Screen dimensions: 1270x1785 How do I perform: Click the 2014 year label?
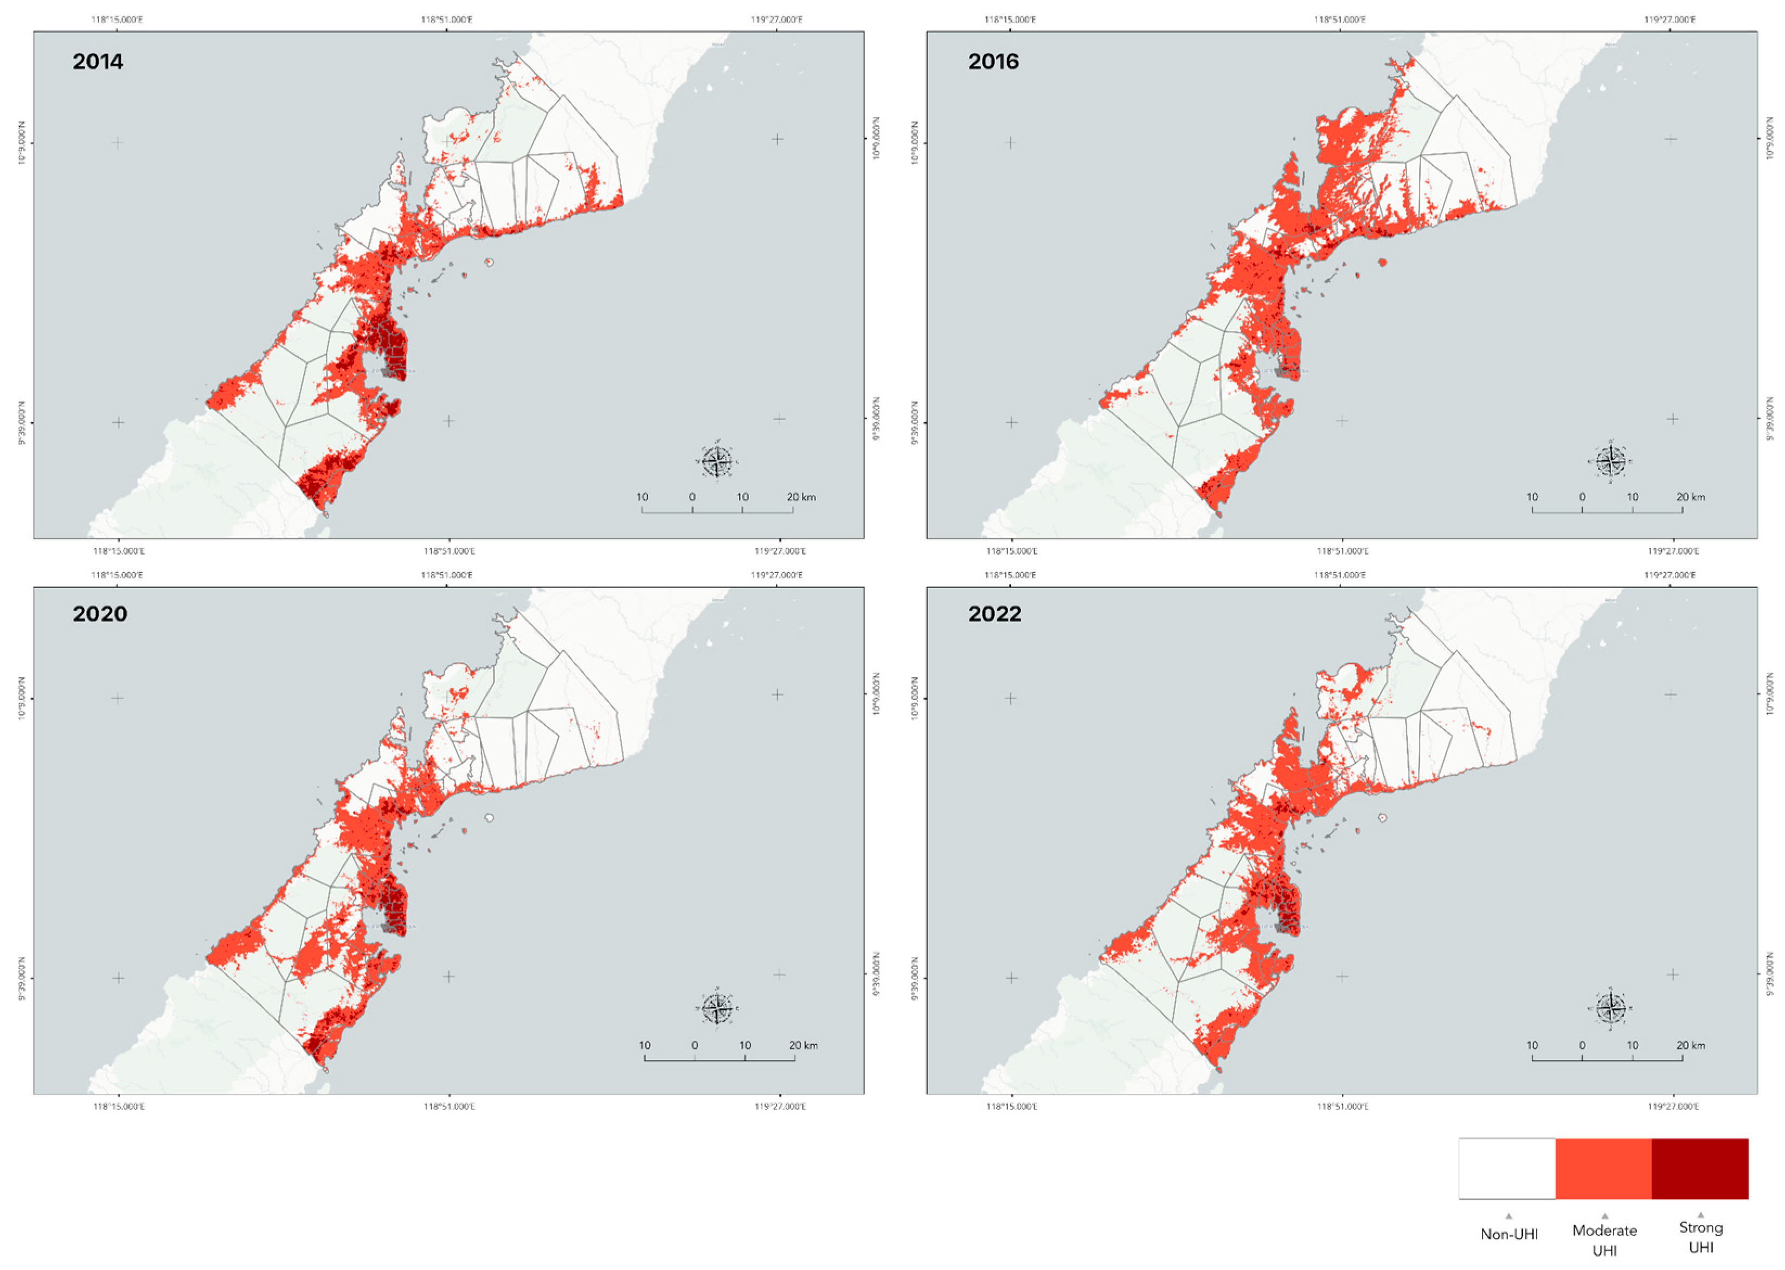(x=98, y=62)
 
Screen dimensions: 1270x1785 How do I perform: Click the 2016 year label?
(x=993, y=62)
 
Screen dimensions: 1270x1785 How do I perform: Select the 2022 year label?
(x=994, y=614)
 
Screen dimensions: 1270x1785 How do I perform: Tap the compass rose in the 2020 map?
(x=716, y=1009)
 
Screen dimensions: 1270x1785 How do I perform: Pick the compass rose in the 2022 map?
(x=1610, y=1009)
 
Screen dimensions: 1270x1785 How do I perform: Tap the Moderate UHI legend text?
(x=1604, y=1240)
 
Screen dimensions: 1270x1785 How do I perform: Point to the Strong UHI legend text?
(x=1700, y=1237)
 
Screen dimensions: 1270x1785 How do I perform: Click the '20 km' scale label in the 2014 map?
(x=801, y=498)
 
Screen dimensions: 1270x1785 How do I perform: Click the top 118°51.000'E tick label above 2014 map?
(x=447, y=20)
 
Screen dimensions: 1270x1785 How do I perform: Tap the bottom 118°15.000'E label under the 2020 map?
(x=119, y=1106)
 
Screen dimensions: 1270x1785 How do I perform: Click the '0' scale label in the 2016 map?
(x=1582, y=498)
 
